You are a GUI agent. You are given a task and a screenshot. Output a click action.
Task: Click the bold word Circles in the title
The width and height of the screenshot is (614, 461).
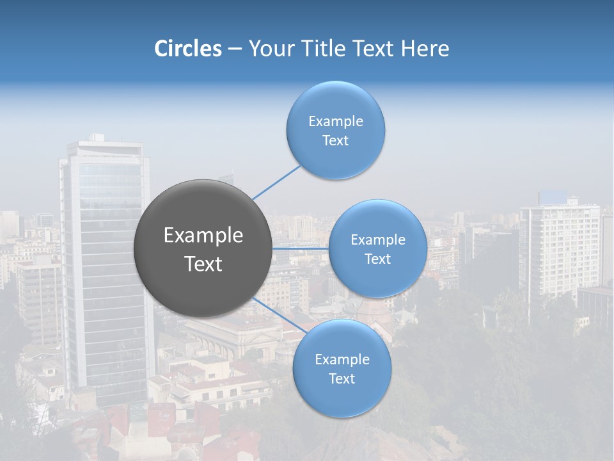(x=187, y=49)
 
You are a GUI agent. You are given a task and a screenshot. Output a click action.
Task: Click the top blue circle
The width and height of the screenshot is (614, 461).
(x=335, y=130)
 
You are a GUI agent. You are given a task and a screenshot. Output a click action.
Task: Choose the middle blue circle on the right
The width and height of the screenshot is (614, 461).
(x=377, y=248)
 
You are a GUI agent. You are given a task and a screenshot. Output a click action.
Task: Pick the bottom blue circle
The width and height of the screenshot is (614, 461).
(x=342, y=368)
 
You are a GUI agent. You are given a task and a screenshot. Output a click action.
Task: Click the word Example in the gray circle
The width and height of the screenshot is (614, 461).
(x=203, y=236)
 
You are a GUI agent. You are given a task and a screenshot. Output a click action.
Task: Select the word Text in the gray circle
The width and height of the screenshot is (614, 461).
(x=203, y=264)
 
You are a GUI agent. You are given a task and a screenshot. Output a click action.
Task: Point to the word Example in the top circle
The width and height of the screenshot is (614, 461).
(x=335, y=121)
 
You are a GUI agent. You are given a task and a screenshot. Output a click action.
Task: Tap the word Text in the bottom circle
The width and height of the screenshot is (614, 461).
(x=342, y=378)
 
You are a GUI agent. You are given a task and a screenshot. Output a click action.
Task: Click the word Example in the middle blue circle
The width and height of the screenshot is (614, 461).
(x=377, y=239)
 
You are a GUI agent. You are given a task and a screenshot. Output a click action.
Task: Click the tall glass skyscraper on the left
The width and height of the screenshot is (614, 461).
(x=106, y=269)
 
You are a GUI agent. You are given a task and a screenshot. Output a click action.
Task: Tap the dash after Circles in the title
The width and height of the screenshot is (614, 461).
(x=235, y=49)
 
